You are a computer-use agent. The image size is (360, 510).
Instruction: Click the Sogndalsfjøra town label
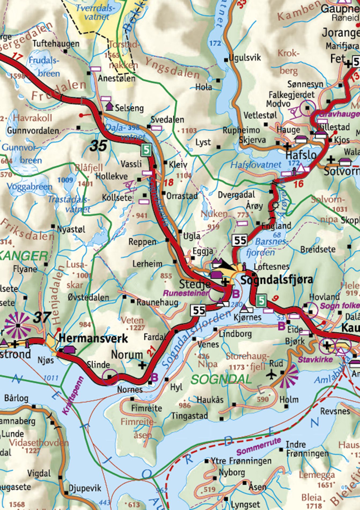(277, 280)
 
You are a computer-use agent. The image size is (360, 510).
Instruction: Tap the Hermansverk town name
(93, 338)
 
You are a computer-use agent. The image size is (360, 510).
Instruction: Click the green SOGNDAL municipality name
(221, 379)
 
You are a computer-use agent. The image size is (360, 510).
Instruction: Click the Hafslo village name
(301, 155)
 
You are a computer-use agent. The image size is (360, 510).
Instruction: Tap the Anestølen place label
(116, 78)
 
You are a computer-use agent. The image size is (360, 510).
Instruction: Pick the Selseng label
(129, 108)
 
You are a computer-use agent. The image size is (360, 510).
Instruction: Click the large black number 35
(98, 146)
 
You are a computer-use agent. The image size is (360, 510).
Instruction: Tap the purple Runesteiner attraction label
(186, 293)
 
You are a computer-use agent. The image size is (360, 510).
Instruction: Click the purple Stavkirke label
(315, 359)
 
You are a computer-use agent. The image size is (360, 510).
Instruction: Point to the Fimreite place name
(146, 408)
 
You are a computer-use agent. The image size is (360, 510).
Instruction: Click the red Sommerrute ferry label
(259, 446)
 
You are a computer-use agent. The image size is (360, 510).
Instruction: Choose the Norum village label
(127, 355)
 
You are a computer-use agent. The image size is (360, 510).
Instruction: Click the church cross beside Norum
(142, 365)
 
